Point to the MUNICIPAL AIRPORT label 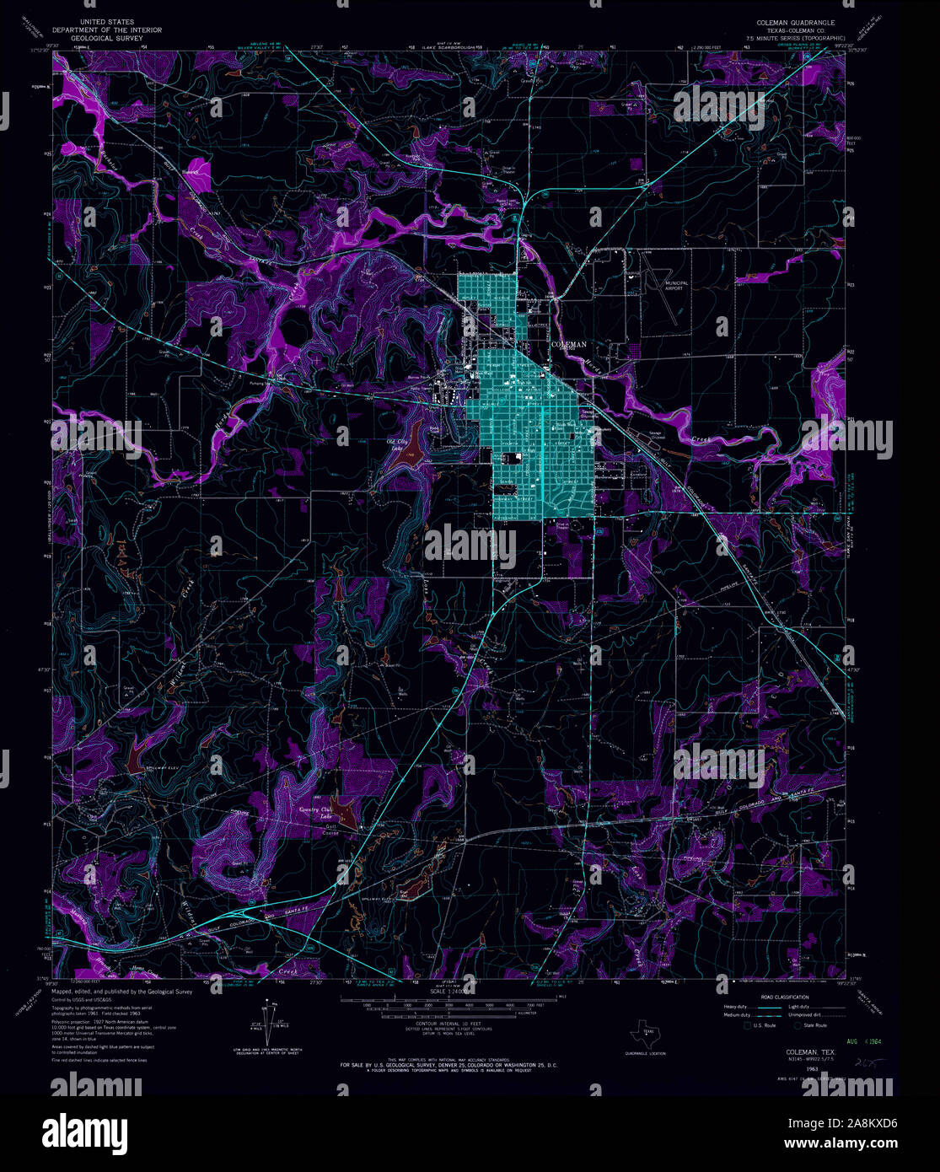pos(676,285)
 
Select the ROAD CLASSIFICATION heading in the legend pos(784,997)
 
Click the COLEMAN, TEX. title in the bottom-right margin pos(810,1053)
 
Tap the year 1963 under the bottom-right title pos(813,1069)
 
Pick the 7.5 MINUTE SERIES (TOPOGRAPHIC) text pos(789,39)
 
